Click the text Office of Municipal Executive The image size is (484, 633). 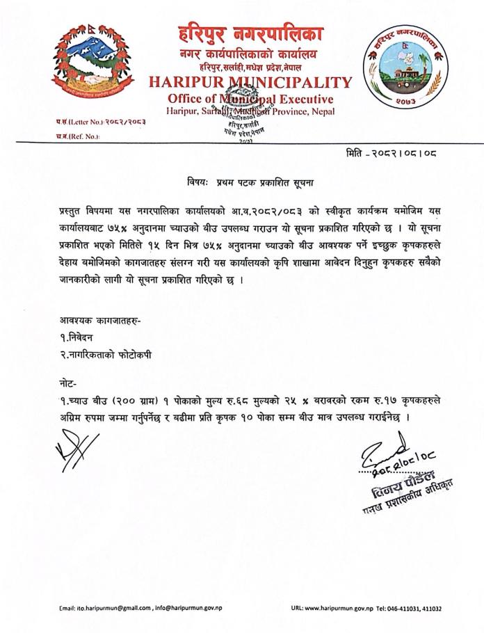point(250,98)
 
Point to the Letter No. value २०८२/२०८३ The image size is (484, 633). point(129,120)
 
